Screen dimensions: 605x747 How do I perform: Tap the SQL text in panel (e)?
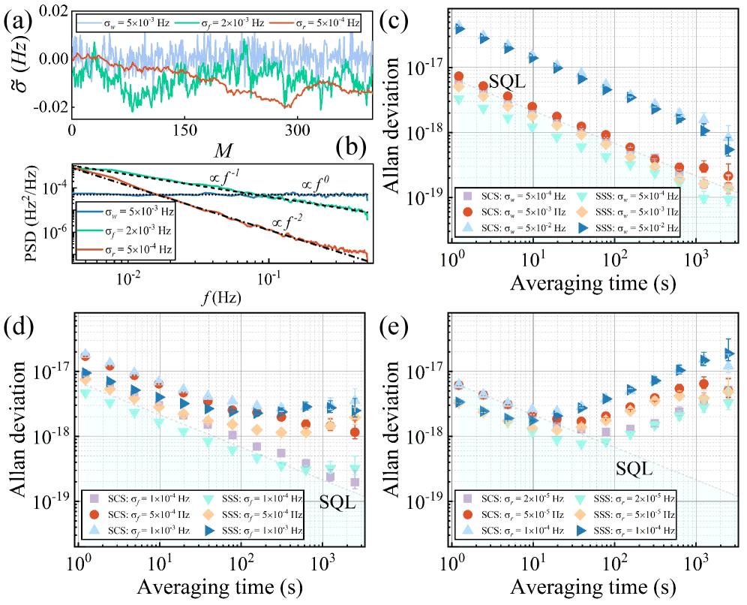click(x=634, y=469)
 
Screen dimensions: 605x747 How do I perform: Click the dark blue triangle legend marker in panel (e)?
click(x=581, y=531)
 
